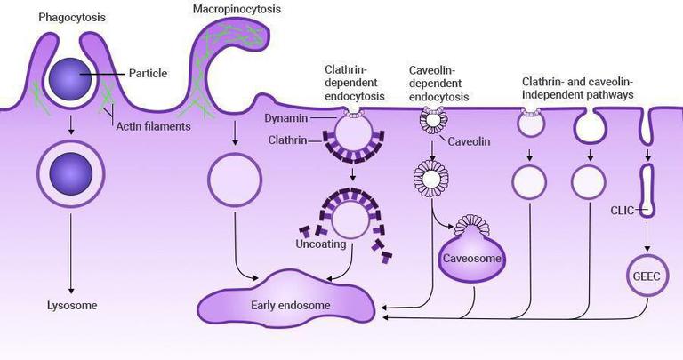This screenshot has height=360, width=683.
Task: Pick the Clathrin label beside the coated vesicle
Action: (290, 140)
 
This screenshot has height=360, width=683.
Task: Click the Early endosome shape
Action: (290, 305)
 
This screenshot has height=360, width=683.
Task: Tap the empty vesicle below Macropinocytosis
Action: (235, 180)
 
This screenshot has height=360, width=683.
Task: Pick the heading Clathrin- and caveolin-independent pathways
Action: (591, 87)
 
